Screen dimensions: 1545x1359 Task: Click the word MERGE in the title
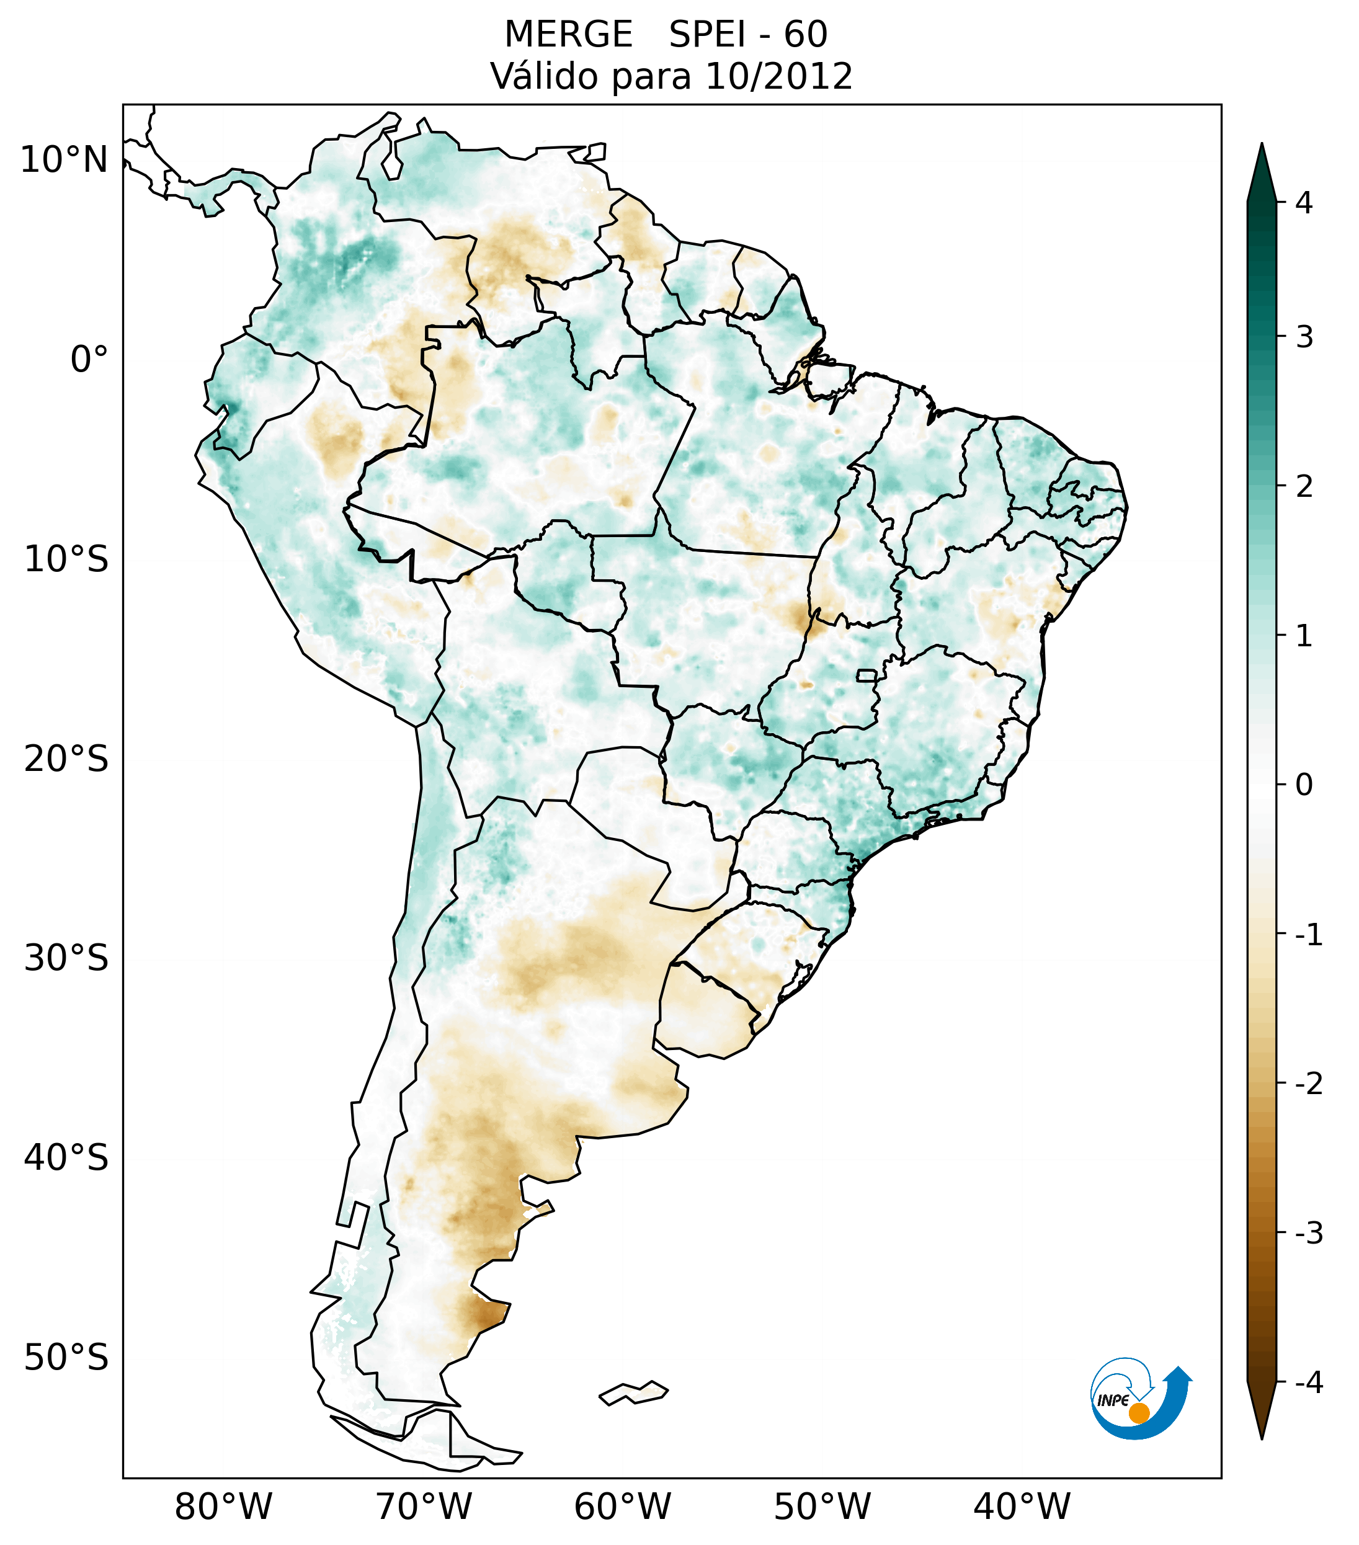[568, 35]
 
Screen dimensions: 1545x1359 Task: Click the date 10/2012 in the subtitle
[778, 76]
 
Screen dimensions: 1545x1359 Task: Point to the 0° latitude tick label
[89, 360]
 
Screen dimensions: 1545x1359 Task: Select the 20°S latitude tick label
[66, 759]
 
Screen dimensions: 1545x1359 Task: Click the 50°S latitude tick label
[66, 1358]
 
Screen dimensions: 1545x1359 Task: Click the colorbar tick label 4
[1304, 203]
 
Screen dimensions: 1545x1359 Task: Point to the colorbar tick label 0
[1304, 785]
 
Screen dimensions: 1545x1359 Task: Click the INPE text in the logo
[1113, 1400]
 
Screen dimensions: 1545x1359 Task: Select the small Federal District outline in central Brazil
[866, 675]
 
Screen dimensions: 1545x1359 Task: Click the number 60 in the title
[805, 35]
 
